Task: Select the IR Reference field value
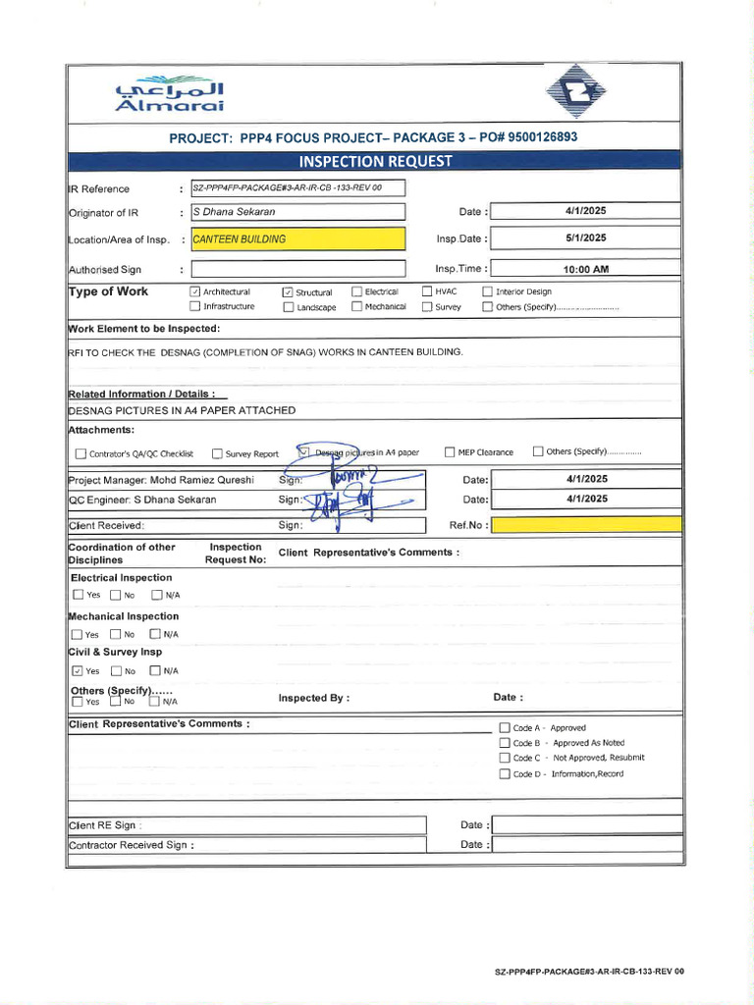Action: coord(297,187)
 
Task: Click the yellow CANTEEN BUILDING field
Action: coord(297,238)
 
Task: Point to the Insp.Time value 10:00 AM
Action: coord(586,269)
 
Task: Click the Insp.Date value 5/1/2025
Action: coord(586,238)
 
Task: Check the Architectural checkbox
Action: coord(194,291)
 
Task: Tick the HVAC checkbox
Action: coord(427,291)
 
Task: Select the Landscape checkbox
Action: coord(289,307)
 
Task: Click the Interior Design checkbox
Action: coord(487,291)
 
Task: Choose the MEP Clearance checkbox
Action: coord(450,452)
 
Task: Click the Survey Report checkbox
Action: coord(217,453)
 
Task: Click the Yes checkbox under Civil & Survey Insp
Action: coord(78,671)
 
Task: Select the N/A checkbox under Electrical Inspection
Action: coord(155,595)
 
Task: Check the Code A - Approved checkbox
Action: coord(505,728)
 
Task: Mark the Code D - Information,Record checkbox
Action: coord(505,774)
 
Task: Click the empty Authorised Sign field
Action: coord(297,269)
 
